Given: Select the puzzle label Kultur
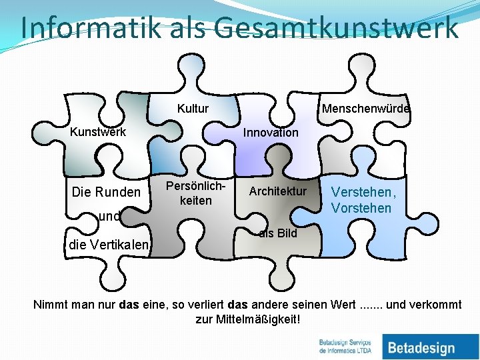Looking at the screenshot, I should coord(193,109).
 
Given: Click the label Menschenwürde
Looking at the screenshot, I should coord(366,109).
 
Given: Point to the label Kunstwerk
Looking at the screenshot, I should coord(98,132).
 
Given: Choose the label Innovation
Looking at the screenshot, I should coord(271,132).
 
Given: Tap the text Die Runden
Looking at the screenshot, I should coord(106,193).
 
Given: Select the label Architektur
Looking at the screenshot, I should coord(277,191).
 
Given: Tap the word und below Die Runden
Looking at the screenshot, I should coord(109,216).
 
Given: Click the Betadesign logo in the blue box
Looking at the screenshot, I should coord(421,347).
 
